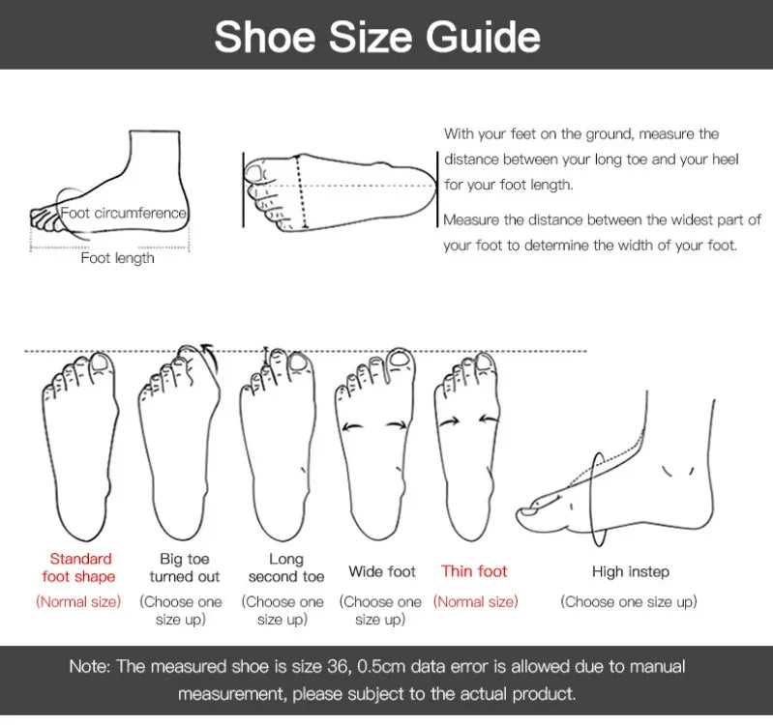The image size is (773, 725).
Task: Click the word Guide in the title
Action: click(x=483, y=38)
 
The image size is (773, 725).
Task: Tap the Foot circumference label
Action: click(x=123, y=213)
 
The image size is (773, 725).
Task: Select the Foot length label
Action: click(x=117, y=258)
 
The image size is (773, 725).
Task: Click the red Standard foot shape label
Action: click(x=79, y=567)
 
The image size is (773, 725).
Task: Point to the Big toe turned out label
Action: click(x=185, y=567)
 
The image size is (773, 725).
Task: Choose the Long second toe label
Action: click(x=286, y=567)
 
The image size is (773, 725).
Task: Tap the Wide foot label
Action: click(x=382, y=571)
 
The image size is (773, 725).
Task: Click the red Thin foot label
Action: click(x=474, y=571)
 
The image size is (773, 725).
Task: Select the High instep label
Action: click(x=631, y=572)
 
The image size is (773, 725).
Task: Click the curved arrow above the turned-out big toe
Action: click(x=211, y=357)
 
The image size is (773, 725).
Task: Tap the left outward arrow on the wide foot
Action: click(x=352, y=427)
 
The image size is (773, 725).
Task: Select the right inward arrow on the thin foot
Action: click(x=489, y=420)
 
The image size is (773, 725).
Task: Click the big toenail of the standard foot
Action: click(x=100, y=363)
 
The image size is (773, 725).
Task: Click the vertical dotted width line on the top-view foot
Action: click(x=301, y=191)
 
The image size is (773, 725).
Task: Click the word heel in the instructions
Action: click(x=724, y=159)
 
